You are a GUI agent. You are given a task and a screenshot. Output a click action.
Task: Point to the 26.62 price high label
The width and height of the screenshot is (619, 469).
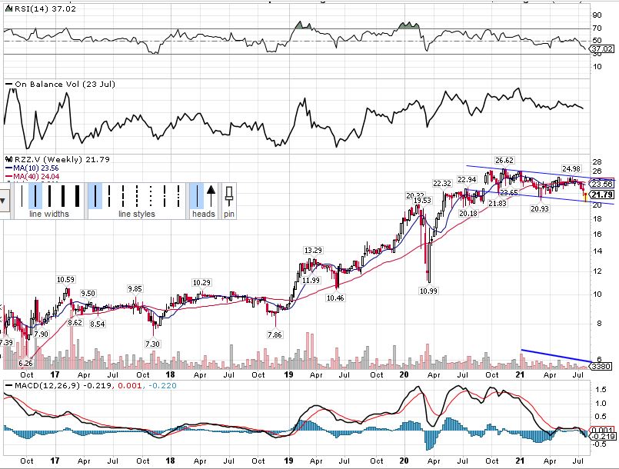coord(504,161)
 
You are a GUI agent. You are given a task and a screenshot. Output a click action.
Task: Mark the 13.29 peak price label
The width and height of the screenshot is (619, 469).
coord(312,251)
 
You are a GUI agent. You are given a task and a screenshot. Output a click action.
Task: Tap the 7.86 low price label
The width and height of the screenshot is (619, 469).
coord(275,334)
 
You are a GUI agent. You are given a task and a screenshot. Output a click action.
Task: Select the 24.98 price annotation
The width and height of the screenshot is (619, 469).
coord(571,168)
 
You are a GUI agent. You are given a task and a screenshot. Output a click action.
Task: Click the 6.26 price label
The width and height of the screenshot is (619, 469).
coord(25,362)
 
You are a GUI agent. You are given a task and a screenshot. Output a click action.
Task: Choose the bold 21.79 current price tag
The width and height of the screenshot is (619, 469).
coord(602,195)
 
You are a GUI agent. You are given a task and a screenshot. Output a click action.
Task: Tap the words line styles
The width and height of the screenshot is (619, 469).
coord(136,214)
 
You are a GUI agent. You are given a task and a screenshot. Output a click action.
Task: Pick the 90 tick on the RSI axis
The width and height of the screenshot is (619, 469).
coord(597,15)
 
